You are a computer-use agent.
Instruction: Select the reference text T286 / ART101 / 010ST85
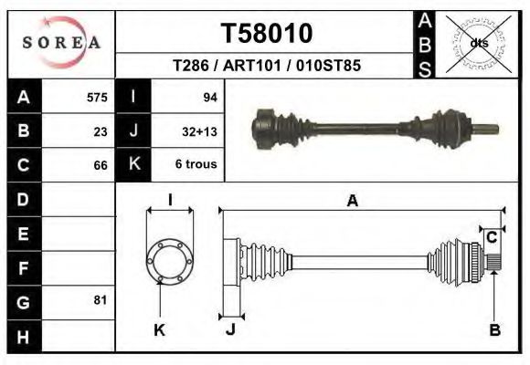point(267,66)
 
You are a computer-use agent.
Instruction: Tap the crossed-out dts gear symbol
point(478,43)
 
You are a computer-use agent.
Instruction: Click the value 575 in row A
point(97,97)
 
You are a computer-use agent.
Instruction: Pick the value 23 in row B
point(101,130)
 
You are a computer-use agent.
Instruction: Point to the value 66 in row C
point(101,165)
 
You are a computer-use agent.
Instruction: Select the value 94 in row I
point(209,97)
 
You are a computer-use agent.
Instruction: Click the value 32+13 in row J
point(200,130)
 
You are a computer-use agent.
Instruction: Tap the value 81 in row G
point(101,300)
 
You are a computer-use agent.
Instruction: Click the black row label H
point(23,336)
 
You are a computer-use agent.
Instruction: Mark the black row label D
point(23,198)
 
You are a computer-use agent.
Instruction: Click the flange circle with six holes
point(171,260)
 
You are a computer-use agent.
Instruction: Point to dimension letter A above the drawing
point(353,203)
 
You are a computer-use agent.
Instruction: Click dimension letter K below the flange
point(159,330)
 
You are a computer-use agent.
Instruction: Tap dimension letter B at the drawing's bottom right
point(494,330)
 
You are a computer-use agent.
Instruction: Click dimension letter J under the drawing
point(230,330)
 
